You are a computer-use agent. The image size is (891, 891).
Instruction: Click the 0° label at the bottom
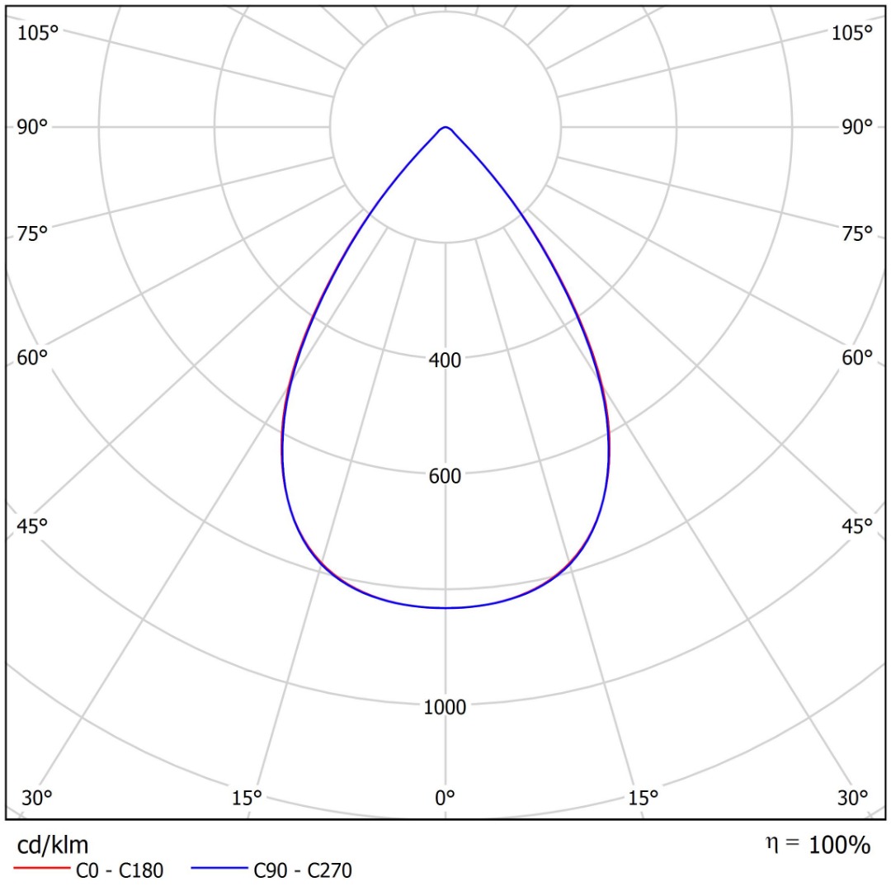click(x=445, y=798)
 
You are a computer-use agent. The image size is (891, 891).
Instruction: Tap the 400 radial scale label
click(x=445, y=360)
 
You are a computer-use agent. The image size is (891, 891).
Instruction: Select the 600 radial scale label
click(x=445, y=476)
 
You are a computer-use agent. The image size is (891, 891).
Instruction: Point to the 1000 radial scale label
click(x=445, y=708)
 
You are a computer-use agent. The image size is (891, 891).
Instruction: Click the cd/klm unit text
click(x=53, y=845)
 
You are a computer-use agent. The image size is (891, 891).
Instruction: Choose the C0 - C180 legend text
click(x=120, y=870)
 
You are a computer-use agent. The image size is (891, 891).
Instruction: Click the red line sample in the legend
click(x=41, y=869)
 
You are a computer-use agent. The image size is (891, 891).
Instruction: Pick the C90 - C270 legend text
click(x=303, y=870)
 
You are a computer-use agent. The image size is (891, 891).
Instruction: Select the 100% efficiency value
click(x=839, y=845)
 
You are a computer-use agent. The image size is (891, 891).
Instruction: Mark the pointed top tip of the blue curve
click(x=445, y=127)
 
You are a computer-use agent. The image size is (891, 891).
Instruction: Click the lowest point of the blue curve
click(x=445, y=608)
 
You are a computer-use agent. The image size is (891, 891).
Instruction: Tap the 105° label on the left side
click(x=38, y=33)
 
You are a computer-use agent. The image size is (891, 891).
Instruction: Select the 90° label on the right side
click(x=852, y=127)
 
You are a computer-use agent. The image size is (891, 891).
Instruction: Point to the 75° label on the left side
click(x=33, y=233)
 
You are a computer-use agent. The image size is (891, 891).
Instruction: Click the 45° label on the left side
click(x=33, y=526)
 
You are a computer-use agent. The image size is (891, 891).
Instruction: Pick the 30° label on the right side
click(x=852, y=798)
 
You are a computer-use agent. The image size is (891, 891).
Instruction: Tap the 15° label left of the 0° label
click(x=247, y=798)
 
